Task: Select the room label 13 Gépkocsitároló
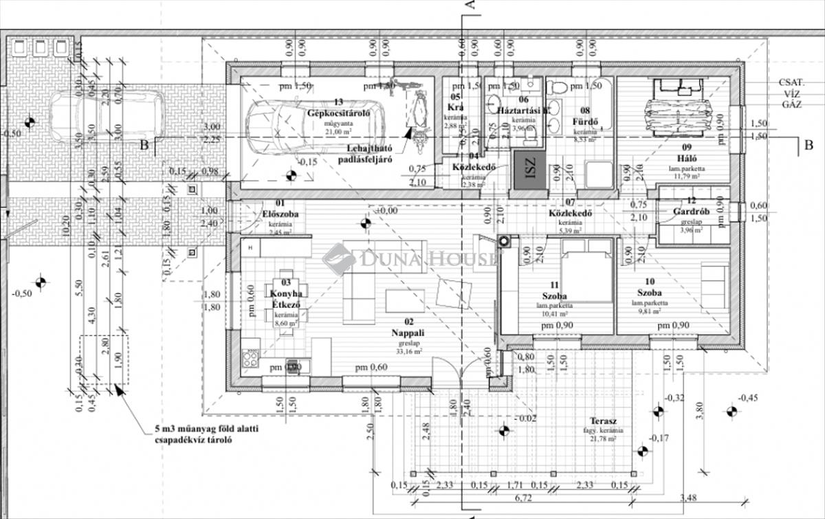[x=338, y=108]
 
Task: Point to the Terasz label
[x=603, y=421]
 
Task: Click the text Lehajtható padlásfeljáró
[x=364, y=155]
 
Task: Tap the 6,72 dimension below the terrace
[x=524, y=497]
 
